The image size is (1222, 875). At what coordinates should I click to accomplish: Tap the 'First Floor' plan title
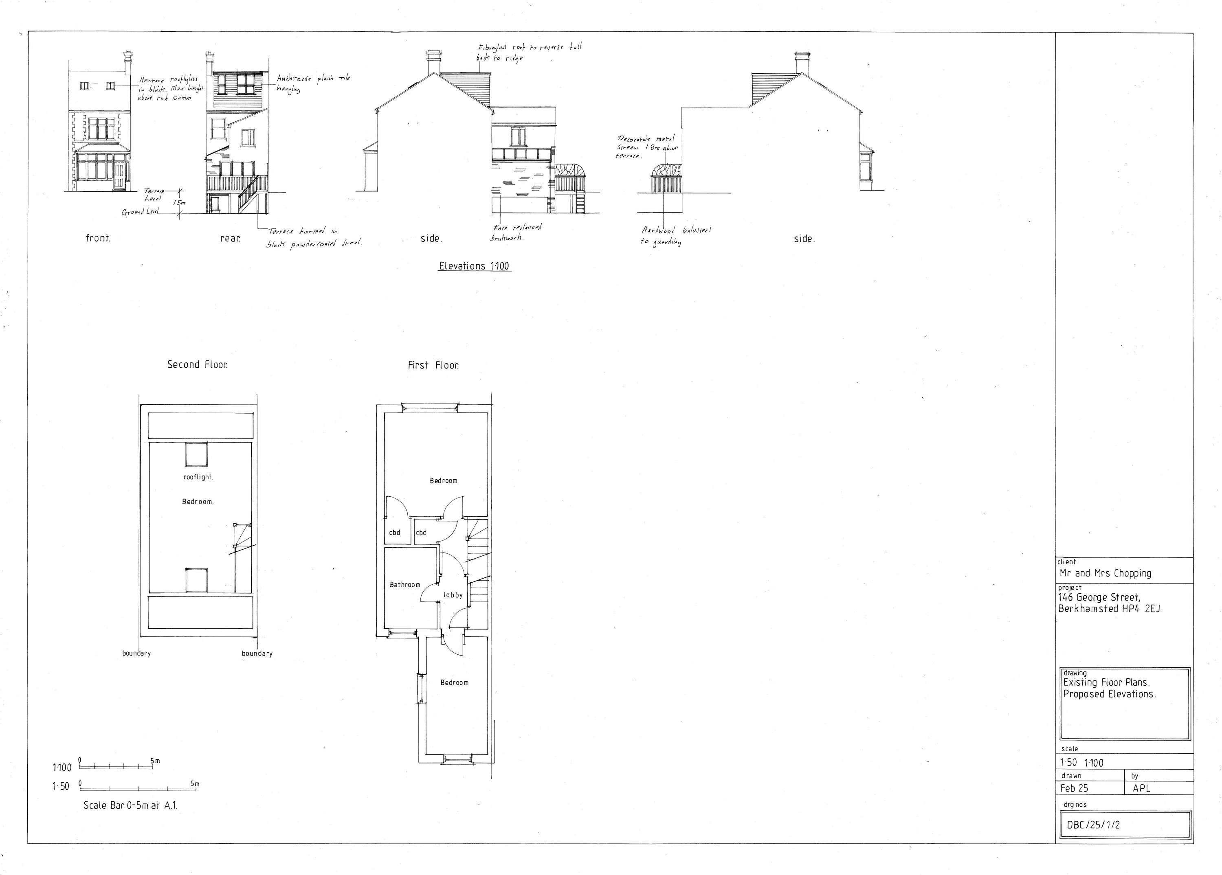click(x=433, y=366)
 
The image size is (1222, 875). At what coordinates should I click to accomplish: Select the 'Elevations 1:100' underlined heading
click(x=474, y=266)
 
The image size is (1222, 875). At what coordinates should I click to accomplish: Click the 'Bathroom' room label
click(x=404, y=585)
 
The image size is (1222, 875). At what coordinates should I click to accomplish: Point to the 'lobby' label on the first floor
click(x=453, y=595)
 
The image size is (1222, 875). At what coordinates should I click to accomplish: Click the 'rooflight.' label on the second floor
click(x=198, y=477)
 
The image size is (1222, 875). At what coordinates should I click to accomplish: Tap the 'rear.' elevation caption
click(x=230, y=238)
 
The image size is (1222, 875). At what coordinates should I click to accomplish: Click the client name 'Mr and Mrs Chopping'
click(x=1105, y=573)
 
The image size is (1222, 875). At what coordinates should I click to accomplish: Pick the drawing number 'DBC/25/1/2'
click(x=1093, y=825)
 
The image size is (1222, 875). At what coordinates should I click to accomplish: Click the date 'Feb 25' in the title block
click(x=1075, y=788)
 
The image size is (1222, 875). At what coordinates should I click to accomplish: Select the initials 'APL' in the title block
click(x=1141, y=788)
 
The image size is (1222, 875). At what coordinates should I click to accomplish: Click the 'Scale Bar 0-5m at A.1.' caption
click(x=130, y=805)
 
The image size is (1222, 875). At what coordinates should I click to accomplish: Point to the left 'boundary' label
click(x=136, y=653)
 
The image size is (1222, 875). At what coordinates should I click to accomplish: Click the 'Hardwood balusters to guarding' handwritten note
click(x=676, y=236)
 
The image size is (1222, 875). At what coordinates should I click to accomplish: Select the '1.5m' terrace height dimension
click(x=179, y=203)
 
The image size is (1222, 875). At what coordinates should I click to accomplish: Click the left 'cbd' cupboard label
click(x=394, y=533)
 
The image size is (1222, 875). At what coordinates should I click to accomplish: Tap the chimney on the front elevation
click(x=127, y=64)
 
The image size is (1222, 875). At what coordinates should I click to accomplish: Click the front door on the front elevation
click(x=119, y=176)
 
